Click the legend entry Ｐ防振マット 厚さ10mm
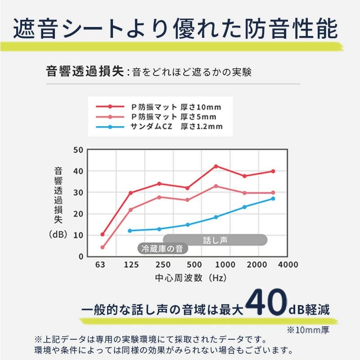(176, 107)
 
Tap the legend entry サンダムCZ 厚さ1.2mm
(176, 127)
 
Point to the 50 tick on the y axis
(78, 150)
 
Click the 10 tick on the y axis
(78, 235)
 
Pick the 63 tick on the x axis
(100, 265)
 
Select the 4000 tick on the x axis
(288, 265)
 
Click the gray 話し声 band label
(215, 240)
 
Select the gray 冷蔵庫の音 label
(162, 248)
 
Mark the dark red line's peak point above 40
(216, 166)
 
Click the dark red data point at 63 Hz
(103, 234)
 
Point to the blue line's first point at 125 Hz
(130, 231)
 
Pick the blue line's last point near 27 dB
(273, 198)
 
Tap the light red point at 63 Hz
(103, 247)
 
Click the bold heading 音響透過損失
(85, 72)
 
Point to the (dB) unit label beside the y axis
(58, 235)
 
